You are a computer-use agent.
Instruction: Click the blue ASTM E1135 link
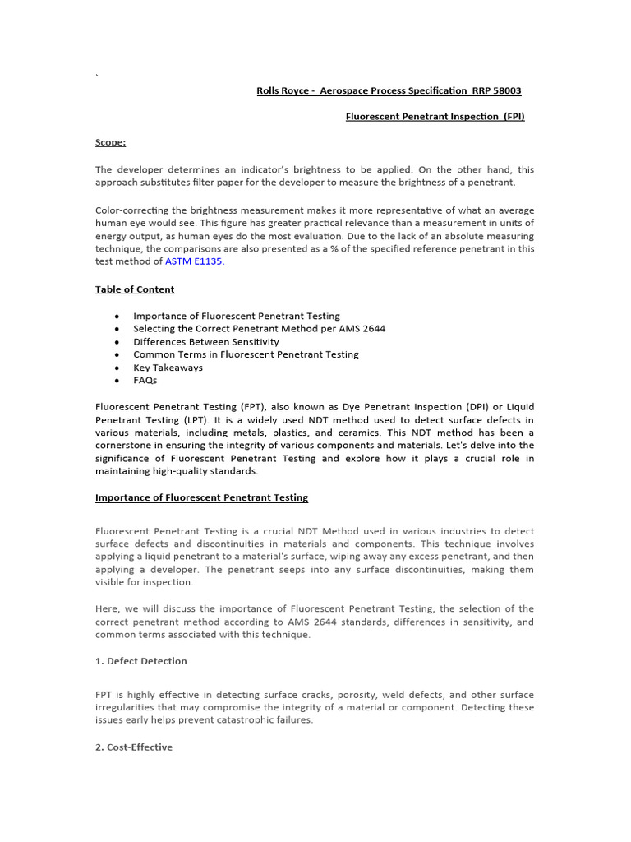[193, 261]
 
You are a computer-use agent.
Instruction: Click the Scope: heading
[110, 142]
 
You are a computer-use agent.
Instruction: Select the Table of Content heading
[135, 289]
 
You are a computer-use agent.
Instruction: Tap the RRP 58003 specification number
[495, 90]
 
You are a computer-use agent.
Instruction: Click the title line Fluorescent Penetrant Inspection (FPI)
[435, 117]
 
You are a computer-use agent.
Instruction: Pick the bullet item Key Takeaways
[168, 368]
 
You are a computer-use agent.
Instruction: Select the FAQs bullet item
[145, 381]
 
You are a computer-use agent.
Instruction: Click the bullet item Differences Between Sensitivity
[205, 341]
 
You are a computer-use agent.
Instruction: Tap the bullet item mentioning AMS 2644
[259, 328]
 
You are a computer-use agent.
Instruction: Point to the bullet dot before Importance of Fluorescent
[117, 316]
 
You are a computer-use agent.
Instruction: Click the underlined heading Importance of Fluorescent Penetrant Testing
[201, 497]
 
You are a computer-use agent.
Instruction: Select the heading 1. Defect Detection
[140, 661]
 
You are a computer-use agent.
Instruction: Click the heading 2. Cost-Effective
[134, 747]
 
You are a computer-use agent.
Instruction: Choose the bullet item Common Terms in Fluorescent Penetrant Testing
[246, 354]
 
